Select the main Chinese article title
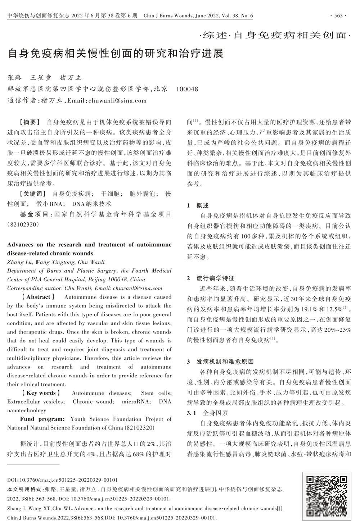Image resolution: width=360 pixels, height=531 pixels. [116, 54]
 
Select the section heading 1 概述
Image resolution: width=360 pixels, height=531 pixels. [198, 205]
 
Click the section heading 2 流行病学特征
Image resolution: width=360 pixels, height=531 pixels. [211, 278]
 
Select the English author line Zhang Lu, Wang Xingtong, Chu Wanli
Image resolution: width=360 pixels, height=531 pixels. [56, 262]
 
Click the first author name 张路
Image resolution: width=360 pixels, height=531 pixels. [15, 78]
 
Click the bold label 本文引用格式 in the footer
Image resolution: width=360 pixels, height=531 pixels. [24, 489]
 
